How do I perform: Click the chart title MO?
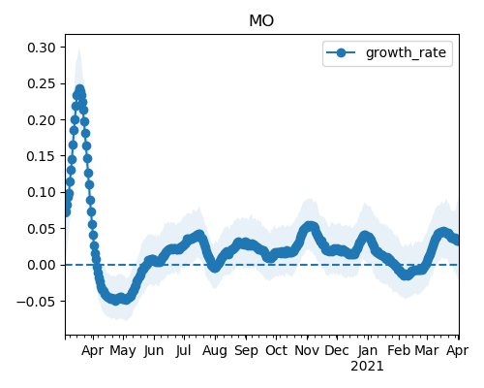tap(261, 21)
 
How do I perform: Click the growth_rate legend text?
tap(406, 52)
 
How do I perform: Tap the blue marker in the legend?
tap(341, 52)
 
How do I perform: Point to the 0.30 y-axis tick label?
tap(42, 48)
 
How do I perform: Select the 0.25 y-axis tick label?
tap(42, 83)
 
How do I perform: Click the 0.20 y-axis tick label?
tap(42, 120)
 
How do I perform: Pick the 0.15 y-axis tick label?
tap(42, 156)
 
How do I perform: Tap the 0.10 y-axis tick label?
tap(42, 192)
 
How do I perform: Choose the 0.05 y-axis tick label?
tap(42, 229)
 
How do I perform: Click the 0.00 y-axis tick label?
tap(42, 265)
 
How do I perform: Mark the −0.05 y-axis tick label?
tap(37, 302)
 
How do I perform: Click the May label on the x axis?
tap(123, 351)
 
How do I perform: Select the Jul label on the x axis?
tap(184, 350)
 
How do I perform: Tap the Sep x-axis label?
tap(246, 351)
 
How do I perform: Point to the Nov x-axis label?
tap(307, 350)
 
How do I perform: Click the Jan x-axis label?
tap(368, 350)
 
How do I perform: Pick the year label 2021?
tap(367, 367)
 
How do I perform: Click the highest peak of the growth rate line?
tap(79, 89)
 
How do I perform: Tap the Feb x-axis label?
tap(399, 350)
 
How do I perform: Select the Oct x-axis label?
tap(276, 350)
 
